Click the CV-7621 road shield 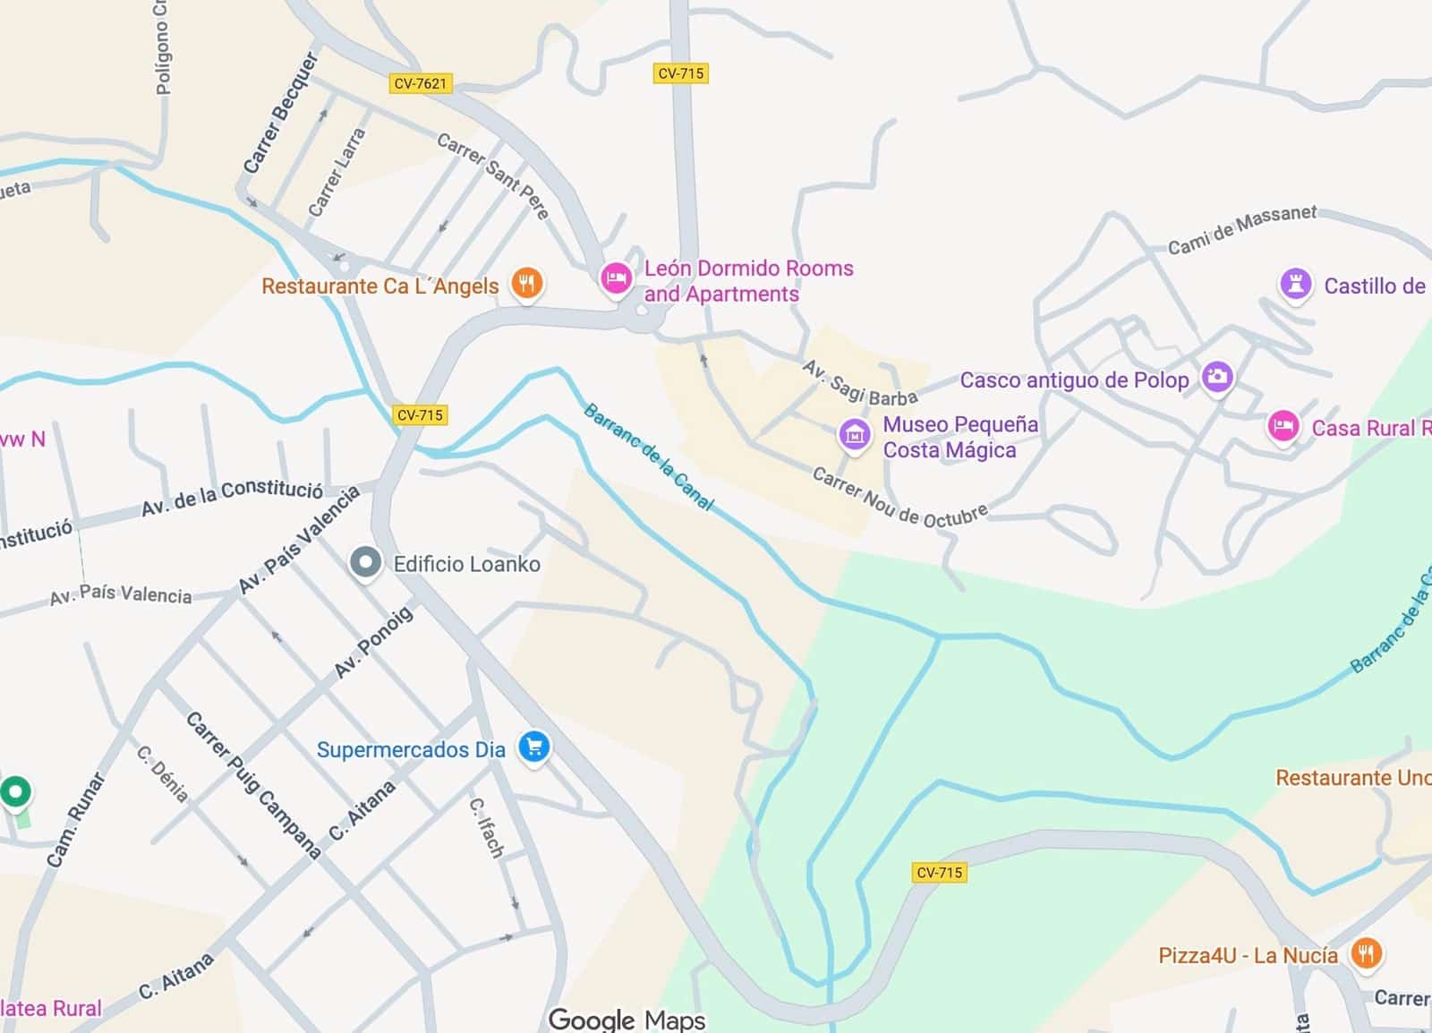tap(420, 83)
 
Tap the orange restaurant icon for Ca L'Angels tap(527, 284)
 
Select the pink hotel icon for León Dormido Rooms tap(615, 277)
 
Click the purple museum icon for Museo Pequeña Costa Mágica tap(854, 435)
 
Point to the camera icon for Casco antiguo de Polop tap(1216, 377)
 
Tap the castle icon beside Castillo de tap(1294, 285)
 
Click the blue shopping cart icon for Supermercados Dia tap(534, 747)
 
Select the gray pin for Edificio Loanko tap(364, 562)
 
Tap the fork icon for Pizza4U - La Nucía tap(1365, 952)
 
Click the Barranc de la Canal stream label tap(648, 457)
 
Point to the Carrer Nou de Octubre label tap(899, 499)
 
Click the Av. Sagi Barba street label tap(859, 383)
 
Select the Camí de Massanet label tap(1241, 228)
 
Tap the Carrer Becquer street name tap(281, 113)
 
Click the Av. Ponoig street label tap(373, 642)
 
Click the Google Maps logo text tap(626, 1020)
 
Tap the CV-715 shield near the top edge tap(680, 73)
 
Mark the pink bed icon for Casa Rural tap(1283, 426)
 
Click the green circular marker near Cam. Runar tap(15, 791)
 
